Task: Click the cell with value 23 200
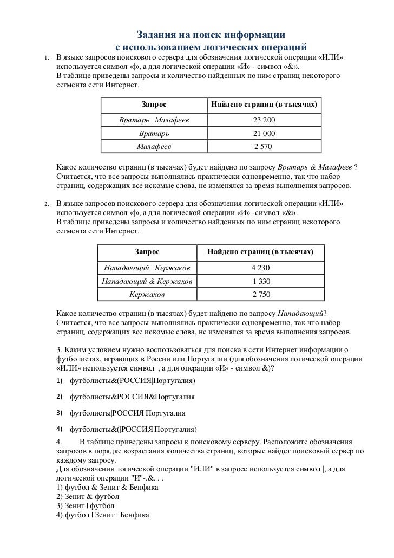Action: point(264,120)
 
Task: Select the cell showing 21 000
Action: point(264,133)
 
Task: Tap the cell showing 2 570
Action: point(264,146)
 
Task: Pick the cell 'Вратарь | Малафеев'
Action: point(154,120)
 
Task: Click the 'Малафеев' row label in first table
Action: point(154,146)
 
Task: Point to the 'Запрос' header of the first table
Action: point(154,103)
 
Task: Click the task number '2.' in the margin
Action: point(47,204)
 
